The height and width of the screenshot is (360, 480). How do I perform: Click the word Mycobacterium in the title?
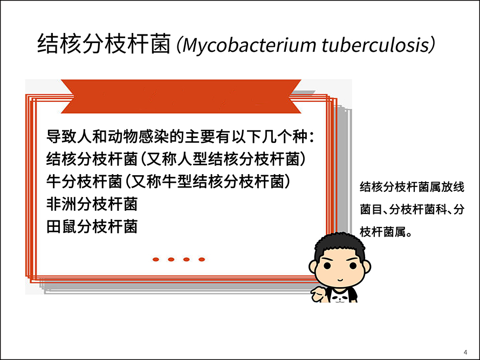249,45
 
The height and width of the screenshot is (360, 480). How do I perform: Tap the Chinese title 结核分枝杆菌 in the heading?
104,44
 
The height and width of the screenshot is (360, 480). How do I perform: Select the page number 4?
465,352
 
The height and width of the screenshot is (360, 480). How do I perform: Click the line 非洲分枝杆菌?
92,204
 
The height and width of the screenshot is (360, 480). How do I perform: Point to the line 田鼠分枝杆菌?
92,227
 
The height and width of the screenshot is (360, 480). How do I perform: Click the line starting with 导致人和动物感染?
180,136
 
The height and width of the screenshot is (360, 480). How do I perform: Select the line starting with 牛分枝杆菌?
168,182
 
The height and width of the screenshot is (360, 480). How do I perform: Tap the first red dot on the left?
156,259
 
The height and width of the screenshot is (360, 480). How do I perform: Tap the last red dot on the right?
202,259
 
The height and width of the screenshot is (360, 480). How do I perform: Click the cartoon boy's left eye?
327,266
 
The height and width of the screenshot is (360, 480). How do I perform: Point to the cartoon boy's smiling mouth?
340,280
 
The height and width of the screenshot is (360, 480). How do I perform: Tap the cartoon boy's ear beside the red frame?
313,267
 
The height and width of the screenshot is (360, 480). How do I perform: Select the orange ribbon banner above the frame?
181,96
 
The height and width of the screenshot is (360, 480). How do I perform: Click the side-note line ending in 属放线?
412,187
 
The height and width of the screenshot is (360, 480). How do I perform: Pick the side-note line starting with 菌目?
412,210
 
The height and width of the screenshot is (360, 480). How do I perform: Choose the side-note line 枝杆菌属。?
386,232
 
